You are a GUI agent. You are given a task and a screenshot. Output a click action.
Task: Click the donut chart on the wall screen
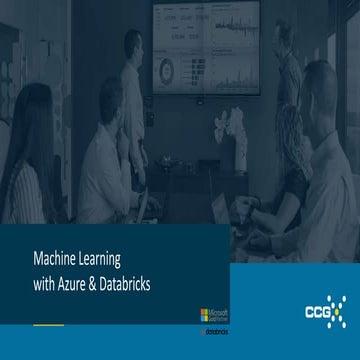tap(167, 68)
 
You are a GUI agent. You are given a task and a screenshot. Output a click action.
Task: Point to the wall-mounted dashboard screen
tap(204, 45)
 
